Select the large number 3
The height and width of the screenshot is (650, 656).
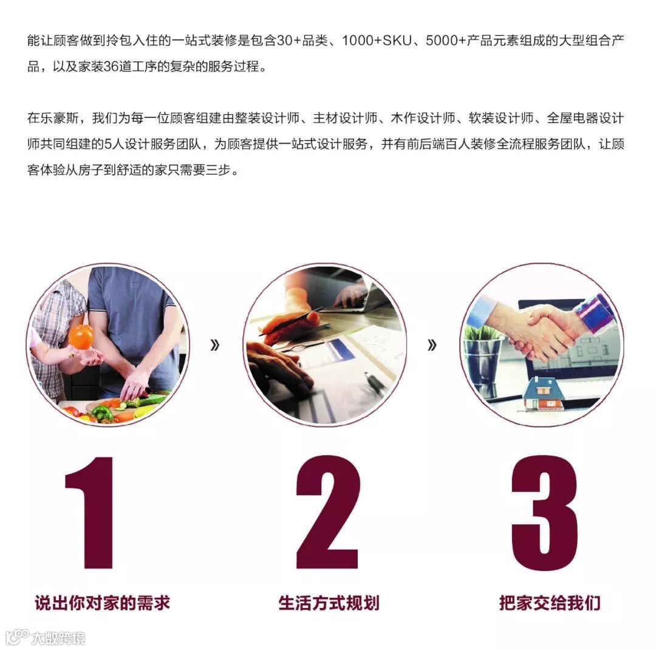(544, 512)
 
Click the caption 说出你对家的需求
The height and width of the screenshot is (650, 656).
(103, 603)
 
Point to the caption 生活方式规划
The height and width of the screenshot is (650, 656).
(329, 603)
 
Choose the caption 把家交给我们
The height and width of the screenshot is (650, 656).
(550, 603)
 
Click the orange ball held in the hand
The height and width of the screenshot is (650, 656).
(81, 337)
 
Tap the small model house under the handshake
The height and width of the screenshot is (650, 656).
(543, 394)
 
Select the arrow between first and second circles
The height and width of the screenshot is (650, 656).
(214, 345)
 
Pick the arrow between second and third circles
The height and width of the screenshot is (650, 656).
(432, 345)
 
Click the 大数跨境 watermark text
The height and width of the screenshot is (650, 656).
(58, 638)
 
